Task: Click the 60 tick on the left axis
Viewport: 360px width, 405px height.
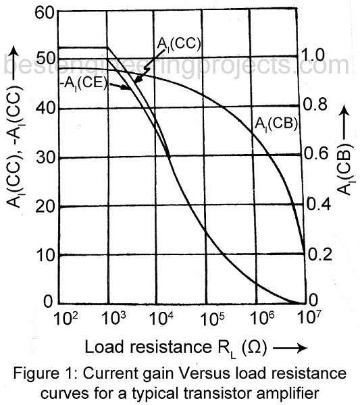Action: point(45,13)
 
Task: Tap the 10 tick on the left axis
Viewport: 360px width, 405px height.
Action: point(45,255)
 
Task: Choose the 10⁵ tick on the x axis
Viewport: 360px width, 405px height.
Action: point(211,317)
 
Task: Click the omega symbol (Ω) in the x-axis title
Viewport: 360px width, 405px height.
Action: point(251,347)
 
